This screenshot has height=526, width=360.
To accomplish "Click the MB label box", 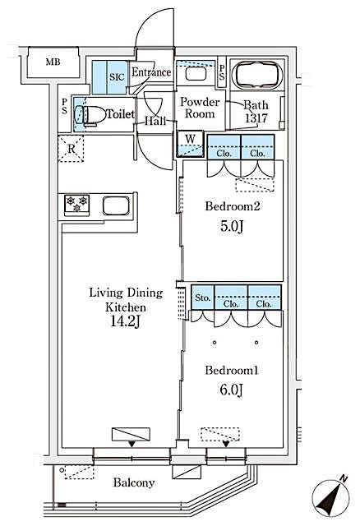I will tap(52, 62).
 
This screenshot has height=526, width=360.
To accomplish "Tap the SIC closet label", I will tap(117, 73).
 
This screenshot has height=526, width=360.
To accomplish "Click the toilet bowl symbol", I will tap(87, 114).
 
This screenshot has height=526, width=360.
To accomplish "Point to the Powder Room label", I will tap(200, 108).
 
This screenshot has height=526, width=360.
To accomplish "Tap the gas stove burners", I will tap(76, 203).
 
